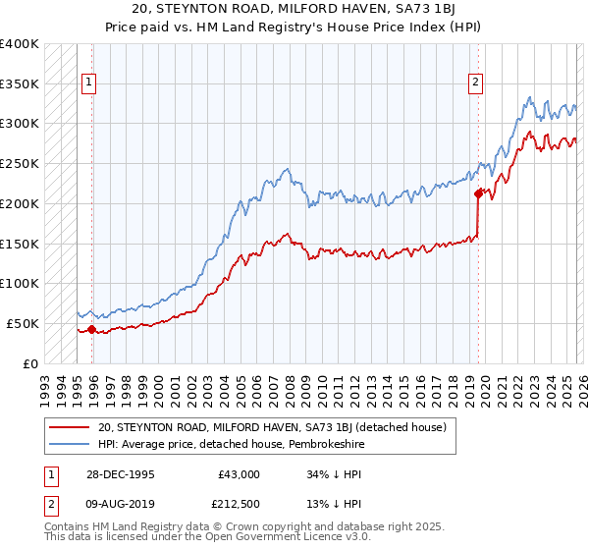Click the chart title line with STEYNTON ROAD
click(x=294, y=9)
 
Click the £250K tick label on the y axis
click(x=19, y=163)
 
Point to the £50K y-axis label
click(x=22, y=323)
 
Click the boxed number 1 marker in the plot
click(x=88, y=83)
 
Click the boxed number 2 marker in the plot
click(x=474, y=83)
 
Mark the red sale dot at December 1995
click(x=92, y=329)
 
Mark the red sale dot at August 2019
click(x=478, y=193)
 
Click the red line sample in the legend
click(x=70, y=427)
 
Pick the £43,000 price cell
click(x=239, y=473)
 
